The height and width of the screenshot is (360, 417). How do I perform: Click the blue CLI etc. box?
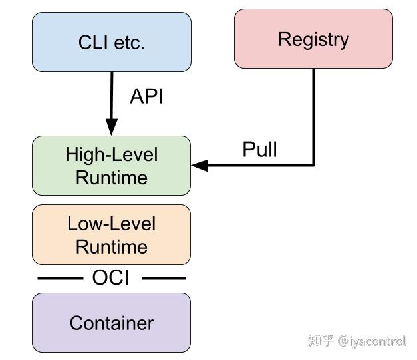coord(111,42)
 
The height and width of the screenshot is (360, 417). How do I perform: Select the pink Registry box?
coord(313,39)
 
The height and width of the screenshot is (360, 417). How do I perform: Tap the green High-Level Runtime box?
coord(111,166)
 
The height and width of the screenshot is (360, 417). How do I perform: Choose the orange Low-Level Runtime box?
coord(111,235)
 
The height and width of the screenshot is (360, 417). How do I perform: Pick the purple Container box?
coord(111,323)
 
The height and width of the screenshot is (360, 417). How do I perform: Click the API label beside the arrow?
coord(146,96)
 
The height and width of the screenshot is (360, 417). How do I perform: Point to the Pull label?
coord(259,149)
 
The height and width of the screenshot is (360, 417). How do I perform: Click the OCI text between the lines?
coord(110,278)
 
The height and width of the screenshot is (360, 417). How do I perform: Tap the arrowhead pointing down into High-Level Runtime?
coord(111,127)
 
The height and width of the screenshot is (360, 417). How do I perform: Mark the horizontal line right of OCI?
coord(163,279)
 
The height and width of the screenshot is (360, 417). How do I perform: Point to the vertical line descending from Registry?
coord(313,113)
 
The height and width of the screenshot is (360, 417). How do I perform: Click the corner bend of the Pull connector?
coord(313,165)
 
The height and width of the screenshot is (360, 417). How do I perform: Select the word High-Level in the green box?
coord(111,155)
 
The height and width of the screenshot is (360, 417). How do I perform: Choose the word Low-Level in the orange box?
coord(111,224)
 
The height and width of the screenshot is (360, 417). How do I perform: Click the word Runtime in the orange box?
coord(111,246)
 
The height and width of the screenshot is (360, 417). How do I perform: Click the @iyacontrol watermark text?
coord(372,341)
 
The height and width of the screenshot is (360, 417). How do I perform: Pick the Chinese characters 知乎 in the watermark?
coord(321,341)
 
